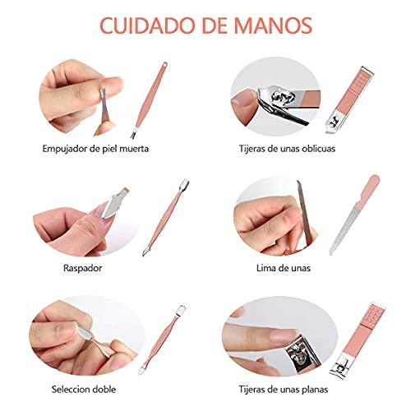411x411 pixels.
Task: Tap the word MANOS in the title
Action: point(273,25)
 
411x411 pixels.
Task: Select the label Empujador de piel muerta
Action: point(95,149)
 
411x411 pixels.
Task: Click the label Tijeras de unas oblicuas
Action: point(287,149)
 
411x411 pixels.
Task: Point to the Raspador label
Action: point(82,268)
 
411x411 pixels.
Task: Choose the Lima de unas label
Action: point(284,268)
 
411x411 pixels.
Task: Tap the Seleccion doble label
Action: point(84,390)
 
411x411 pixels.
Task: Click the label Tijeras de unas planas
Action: point(284,390)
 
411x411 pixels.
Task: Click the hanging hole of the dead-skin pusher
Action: point(164,65)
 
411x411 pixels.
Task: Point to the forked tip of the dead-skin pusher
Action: point(133,134)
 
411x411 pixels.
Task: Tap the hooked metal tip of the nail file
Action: point(331,252)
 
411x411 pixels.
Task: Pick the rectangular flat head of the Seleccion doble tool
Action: point(181,310)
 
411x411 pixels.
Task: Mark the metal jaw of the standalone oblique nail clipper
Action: point(333,122)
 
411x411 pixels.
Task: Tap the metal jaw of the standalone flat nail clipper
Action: point(339,367)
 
